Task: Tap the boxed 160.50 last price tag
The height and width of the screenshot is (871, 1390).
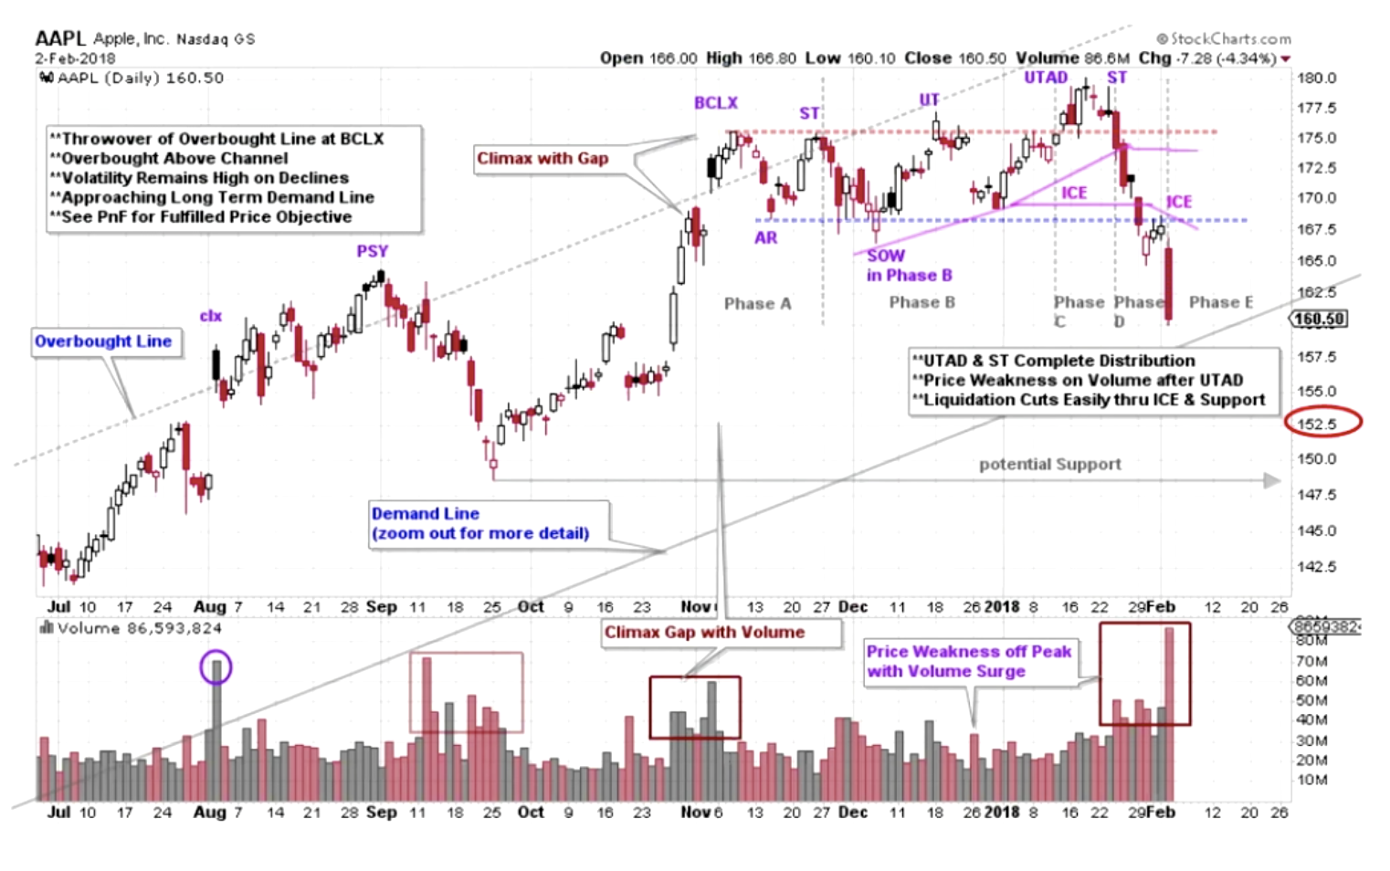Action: point(1319,319)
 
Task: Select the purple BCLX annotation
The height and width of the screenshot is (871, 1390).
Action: point(715,103)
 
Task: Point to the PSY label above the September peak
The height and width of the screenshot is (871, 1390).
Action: point(372,251)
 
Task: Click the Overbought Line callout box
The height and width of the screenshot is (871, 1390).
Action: point(103,341)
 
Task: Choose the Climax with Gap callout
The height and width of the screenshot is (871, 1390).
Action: point(542,159)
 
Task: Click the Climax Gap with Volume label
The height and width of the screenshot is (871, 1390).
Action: point(704,632)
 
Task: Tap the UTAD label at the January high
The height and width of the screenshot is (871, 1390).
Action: point(1045,78)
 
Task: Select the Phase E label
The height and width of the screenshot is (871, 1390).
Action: point(1220,302)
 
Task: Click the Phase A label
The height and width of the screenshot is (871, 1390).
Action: point(757,303)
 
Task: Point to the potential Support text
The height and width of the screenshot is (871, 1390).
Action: point(1049,464)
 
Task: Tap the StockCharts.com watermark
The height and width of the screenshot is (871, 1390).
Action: point(1224,38)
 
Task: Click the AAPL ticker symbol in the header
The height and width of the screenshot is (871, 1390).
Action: point(59,38)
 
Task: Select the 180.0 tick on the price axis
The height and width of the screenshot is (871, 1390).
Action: point(1316,78)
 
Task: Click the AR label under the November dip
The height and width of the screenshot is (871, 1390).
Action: point(765,237)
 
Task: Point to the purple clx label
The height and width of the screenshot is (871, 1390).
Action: point(210,316)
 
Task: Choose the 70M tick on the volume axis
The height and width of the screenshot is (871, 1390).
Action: point(1311,660)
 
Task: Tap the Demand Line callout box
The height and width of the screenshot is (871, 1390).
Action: point(479,523)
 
